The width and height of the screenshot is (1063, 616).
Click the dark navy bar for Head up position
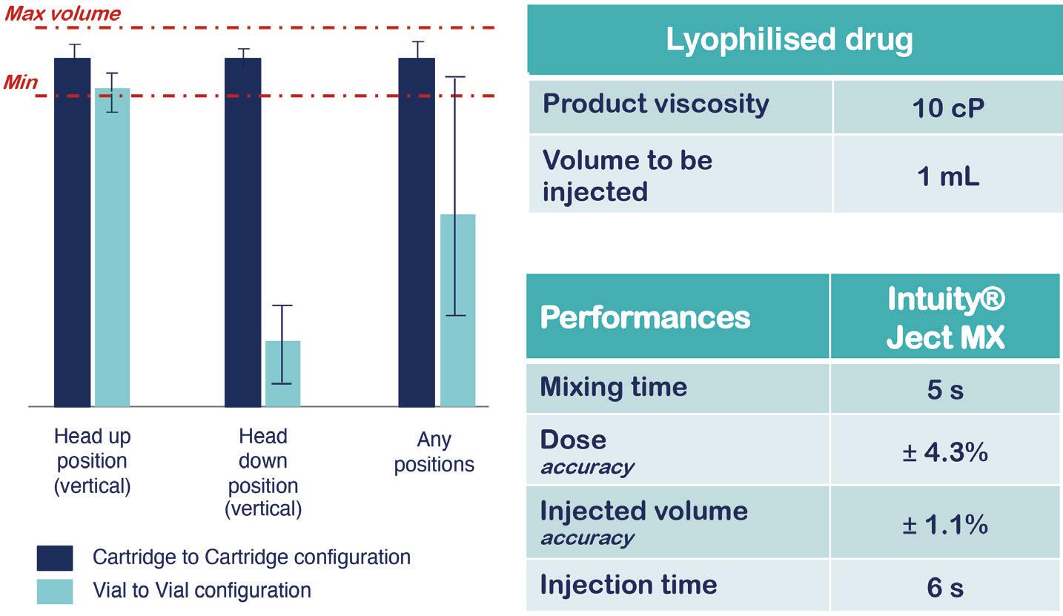click(72, 232)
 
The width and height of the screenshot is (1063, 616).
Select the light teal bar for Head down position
click(283, 374)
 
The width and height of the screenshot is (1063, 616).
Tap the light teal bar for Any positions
click(458, 311)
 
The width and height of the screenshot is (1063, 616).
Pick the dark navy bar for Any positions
click(417, 232)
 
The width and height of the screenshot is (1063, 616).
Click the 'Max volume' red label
click(63, 13)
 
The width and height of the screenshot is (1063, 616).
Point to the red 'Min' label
click(21, 82)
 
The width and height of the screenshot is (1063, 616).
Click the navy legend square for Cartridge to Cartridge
click(55, 558)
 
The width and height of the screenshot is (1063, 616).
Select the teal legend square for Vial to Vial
click(55, 592)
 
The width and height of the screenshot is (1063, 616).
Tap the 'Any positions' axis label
click(434, 451)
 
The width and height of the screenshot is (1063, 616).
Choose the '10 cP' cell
click(947, 107)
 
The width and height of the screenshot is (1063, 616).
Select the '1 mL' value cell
click(947, 176)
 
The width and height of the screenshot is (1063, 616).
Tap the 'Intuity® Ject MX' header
click(945, 317)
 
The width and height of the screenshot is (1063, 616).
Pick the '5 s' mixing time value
click(945, 389)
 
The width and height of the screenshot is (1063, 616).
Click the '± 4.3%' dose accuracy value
click(945, 451)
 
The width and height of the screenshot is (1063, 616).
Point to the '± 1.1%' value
click(945, 524)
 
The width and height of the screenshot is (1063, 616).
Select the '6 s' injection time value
click(945, 587)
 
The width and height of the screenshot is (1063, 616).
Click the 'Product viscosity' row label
click(656, 104)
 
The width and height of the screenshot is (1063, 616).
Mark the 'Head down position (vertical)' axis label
click(263, 472)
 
